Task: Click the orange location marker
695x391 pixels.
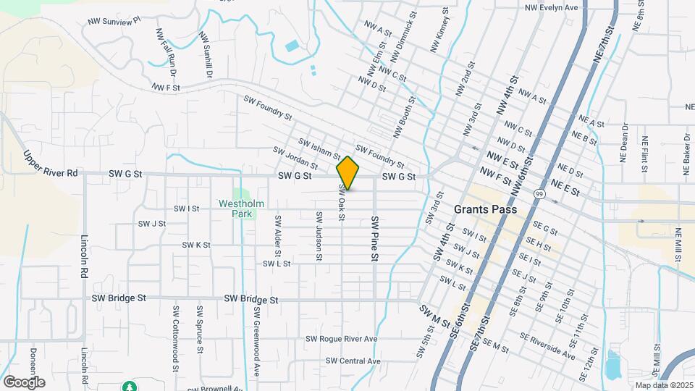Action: point(348,173)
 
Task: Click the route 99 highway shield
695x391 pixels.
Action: point(540,193)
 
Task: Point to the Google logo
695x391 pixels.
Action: point(24,382)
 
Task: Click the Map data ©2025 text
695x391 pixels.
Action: point(663,385)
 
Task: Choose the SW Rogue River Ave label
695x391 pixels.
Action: point(341,339)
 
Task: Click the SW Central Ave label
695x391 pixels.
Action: point(353,361)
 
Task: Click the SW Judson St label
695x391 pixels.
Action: point(319,235)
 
